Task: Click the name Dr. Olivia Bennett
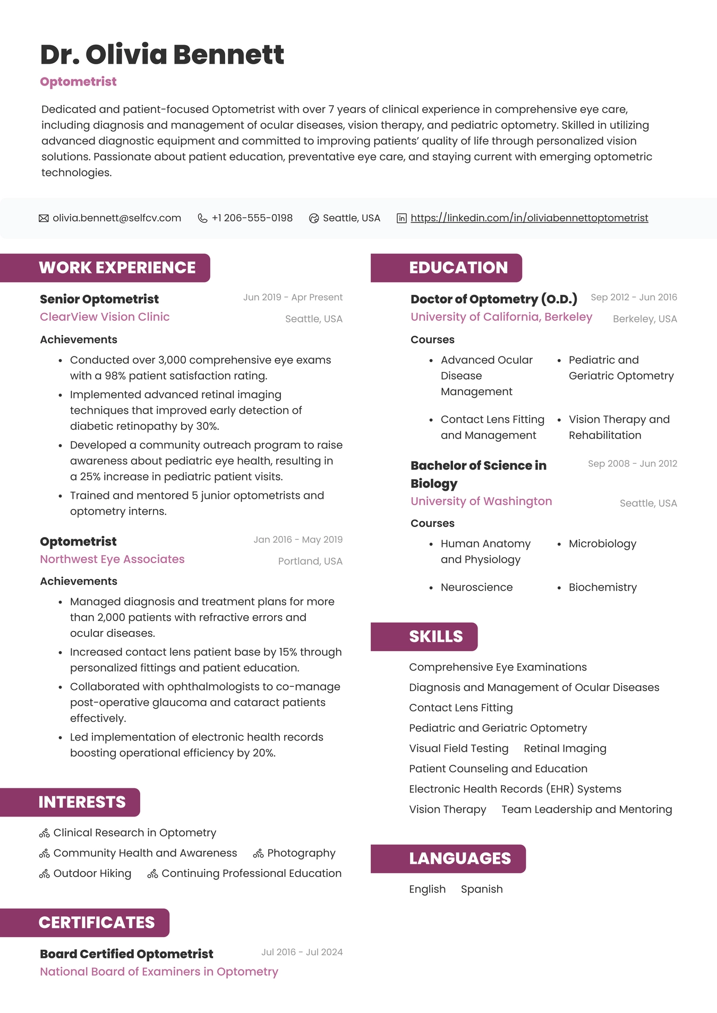(162, 55)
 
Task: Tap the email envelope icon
(44, 218)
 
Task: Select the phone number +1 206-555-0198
(252, 218)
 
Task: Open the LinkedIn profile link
(529, 218)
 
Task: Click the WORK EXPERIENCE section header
(117, 268)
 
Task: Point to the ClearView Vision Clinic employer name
(105, 317)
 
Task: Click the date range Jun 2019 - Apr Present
(293, 297)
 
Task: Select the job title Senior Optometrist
(99, 300)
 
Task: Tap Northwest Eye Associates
(112, 559)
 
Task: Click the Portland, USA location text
(310, 561)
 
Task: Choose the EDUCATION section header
(458, 268)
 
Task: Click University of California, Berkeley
(501, 317)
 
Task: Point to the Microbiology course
(602, 544)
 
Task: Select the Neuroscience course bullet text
(476, 588)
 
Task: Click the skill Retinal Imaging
(565, 748)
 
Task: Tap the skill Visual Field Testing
(458, 748)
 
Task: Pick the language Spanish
(481, 889)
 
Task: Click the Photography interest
(301, 853)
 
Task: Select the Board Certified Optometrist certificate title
(126, 954)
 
